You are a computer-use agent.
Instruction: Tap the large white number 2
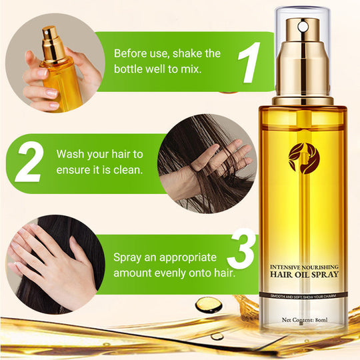(x=28, y=162)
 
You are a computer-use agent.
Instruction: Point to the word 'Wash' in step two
(x=71, y=154)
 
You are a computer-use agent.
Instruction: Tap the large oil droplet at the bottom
(x=209, y=305)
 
